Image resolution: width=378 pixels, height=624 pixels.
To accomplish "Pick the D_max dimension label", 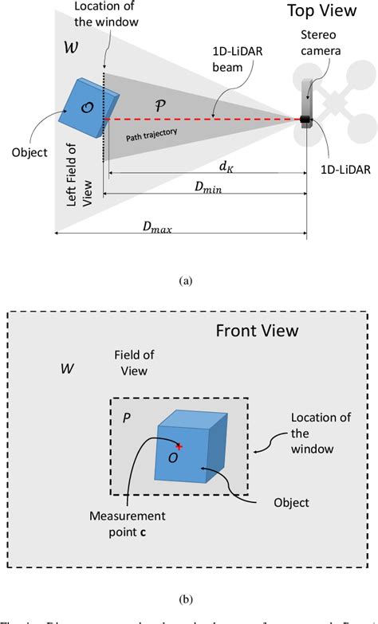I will (x=158, y=227).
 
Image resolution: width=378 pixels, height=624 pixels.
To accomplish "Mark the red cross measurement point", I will (x=179, y=446).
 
